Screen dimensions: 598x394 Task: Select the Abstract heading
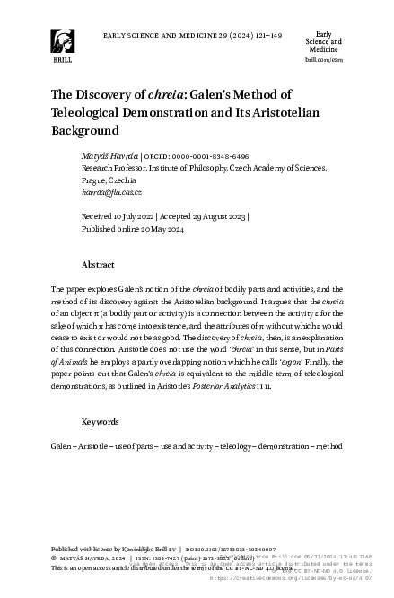coord(98,266)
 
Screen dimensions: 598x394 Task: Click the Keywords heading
coord(101,420)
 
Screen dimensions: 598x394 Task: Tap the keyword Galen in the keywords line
coord(62,446)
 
